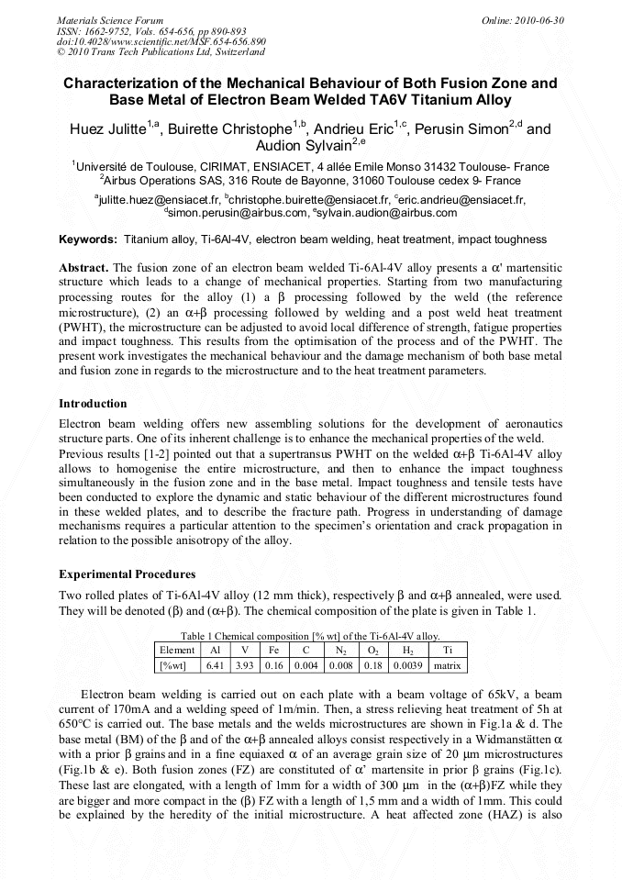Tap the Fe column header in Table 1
pyautogui.click(x=274, y=650)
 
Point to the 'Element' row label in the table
pyautogui.click(x=177, y=650)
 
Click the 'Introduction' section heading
pyautogui.click(x=93, y=404)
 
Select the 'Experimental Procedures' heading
pyautogui.click(x=127, y=574)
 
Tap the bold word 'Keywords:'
pyautogui.click(x=88, y=239)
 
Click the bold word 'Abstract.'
pyautogui.click(x=84, y=267)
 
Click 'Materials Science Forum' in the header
pyautogui.click(x=110, y=20)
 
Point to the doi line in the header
pyautogui.click(x=161, y=41)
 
